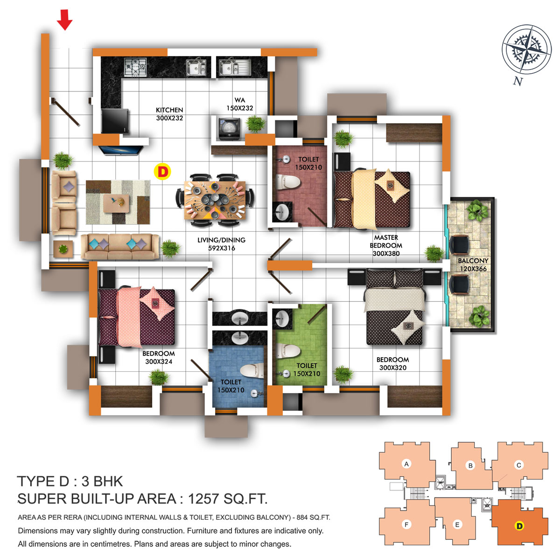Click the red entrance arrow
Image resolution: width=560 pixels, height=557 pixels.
pyautogui.click(x=64, y=20)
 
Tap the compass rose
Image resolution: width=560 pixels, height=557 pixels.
pyautogui.click(x=526, y=49)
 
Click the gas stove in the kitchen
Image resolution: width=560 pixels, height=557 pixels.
pyautogui.click(x=135, y=67)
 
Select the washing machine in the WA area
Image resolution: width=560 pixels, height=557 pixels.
pyautogui.click(x=229, y=129)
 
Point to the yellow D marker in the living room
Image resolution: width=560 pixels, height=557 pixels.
pyautogui.click(x=162, y=171)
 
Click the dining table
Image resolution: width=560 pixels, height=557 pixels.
pyautogui.click(x=215, y=200)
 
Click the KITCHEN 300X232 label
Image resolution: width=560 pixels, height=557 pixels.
pyautogui.click(x=169, y=114)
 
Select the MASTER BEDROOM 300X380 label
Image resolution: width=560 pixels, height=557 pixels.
pyautogui.click(x=386, y=245)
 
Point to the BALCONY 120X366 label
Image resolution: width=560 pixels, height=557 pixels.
pyautogui.click(x=473, y=265)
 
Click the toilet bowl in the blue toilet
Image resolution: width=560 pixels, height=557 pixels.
pyautogui.click(x=252, y=371)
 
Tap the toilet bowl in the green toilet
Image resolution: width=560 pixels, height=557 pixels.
pyautogui.click(x=288, y=351)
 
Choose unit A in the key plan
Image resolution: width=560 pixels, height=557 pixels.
pyautogui.click(x=406, y=464)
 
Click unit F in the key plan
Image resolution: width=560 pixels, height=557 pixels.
pyautogui.click(x=406, y=524)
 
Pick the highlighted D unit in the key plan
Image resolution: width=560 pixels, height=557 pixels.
pyautogui.click(x=519, y=526)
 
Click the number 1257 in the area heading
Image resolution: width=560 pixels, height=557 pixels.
pyautogui.click(x=204, y=499)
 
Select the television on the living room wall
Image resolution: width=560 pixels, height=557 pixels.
pyautogui.click(x=120, y=150)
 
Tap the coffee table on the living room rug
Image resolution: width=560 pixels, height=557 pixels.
pyautogui.click(x=116, y=203)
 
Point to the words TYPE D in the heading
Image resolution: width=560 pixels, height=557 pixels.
pyautogui.click(x=43, y=481)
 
